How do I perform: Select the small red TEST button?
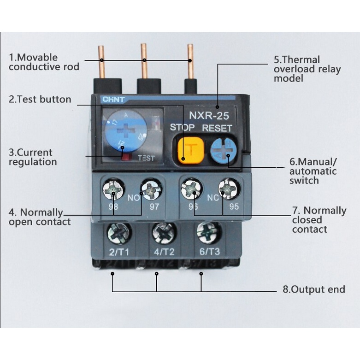pyautogui.click(x=126, y=157)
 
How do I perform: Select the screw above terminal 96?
pyautogui.click(x=191, y=189)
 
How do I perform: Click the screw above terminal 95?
pyautogui.click(x=228, y=189)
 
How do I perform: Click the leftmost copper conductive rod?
pyautogui.click(x=101, y=62)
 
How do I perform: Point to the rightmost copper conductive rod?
pyautogui.click(x=189, y=62)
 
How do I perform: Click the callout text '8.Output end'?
pyautogui.click(x=313, y=289)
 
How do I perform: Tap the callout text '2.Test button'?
pyautogui.click(x=40, y=99)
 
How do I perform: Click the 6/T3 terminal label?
pyautogui.click(x=208, y=252)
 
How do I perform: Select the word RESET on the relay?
pyautogui.click(x=217, y=128)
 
